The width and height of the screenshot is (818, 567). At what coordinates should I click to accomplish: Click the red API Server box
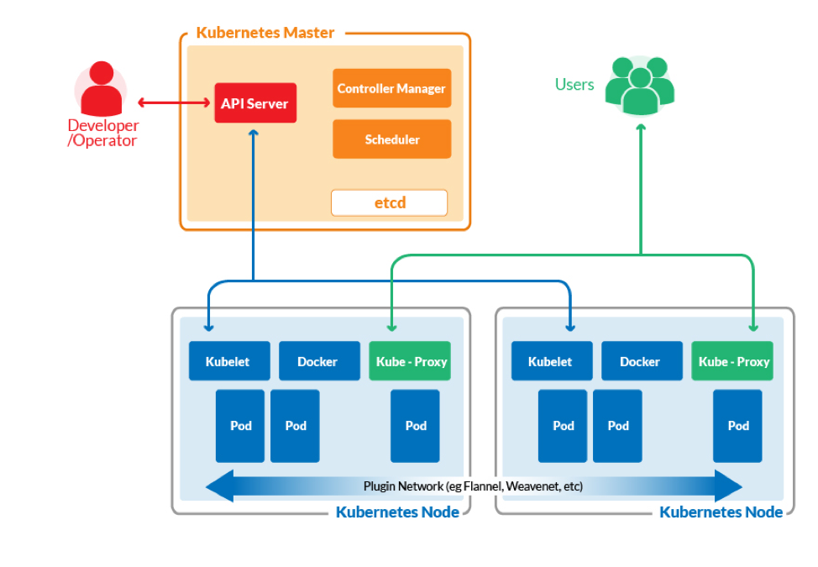[255, 103]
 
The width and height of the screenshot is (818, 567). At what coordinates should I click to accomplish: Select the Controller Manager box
[391, 88]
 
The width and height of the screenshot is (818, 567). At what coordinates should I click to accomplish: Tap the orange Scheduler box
[391, 139]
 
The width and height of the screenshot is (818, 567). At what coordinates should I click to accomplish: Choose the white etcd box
[389, 202]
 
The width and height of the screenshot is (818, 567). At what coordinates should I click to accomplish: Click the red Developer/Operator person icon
[101, 88]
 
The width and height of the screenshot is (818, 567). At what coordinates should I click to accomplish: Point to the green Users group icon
[640, 85]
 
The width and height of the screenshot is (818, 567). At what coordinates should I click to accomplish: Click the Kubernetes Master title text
[265, 33]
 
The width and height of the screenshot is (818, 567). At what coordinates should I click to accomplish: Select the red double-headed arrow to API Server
[174, 103]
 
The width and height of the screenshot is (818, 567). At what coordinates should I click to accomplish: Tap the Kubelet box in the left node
[229, 361]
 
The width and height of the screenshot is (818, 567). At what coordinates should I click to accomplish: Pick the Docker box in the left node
[317, 361]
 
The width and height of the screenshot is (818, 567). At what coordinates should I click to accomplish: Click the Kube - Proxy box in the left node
[410, 361]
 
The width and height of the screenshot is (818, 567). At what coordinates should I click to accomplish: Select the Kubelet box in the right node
[550, 361]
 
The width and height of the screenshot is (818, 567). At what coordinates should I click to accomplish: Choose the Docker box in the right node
[640, 361]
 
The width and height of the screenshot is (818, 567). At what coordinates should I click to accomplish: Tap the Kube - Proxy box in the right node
[733, 361]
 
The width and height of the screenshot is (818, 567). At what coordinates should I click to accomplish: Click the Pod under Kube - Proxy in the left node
[416, 426]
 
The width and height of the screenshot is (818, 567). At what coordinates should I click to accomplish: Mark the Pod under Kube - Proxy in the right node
[738, 426]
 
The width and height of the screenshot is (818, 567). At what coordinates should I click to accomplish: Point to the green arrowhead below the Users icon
[641, 128]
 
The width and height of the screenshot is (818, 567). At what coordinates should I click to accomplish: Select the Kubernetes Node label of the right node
[721, 512]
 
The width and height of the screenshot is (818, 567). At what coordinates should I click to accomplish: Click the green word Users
[574, 84]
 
